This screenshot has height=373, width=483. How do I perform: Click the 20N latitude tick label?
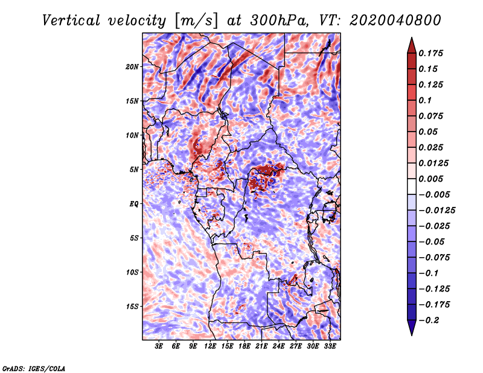[x=132, y=67]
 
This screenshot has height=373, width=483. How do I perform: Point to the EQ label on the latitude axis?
[x=134, y=204]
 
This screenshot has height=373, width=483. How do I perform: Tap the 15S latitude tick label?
[x=132, y=307]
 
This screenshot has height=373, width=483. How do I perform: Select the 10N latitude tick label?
[x=132, y=135]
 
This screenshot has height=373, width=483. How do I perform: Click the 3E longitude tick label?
[x=159, y=346]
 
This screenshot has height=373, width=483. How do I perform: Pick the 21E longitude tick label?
[x=261, y=346]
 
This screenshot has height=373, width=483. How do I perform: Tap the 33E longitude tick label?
[x=330, y=346]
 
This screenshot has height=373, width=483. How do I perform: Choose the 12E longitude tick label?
[x=210, y=346]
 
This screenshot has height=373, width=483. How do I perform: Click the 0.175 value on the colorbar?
[x=431, y=53]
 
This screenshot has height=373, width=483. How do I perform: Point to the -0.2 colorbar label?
[x=429, y=320]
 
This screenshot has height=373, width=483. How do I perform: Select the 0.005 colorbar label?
[x=431, y=179]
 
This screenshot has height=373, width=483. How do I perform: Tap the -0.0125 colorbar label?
[x=437, y=211]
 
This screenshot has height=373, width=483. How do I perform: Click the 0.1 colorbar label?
[x=426, y=100]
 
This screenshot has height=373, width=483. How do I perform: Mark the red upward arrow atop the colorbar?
[x=412, y=45]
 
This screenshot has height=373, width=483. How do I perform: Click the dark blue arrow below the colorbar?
[x=412, y=328]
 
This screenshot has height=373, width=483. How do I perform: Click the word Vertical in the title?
[x=71, y=21]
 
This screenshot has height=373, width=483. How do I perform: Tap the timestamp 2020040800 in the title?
[x=395, y=21]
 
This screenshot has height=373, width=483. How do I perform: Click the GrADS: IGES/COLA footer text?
[x=34, y=368]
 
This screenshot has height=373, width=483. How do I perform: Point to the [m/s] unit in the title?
[x=196, y=21]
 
